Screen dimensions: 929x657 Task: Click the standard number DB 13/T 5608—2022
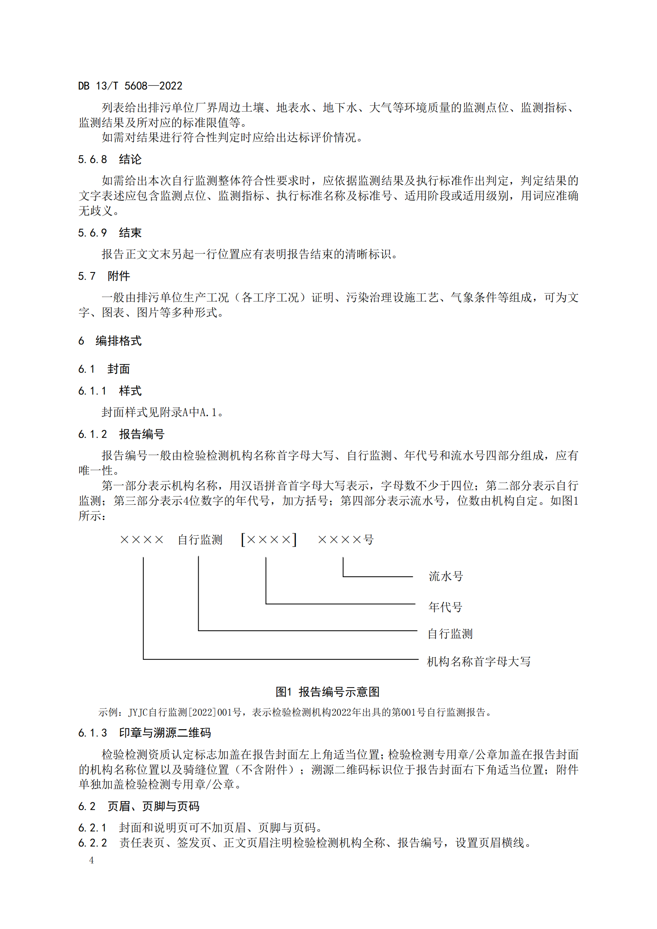[130, 86]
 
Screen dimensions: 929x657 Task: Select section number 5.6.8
[92, 159]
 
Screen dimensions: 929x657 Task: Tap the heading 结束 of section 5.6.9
[130, 233]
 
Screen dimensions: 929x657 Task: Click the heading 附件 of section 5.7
[118, 276]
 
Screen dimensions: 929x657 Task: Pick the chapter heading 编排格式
[118, 341]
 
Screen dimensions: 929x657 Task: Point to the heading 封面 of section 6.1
[118, 369]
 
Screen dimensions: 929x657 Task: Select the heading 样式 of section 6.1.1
[130, 391]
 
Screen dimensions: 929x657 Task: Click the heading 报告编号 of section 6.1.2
[141, 434]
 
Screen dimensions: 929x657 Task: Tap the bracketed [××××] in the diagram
[269, 540]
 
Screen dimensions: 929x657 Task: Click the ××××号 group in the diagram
[346, 540]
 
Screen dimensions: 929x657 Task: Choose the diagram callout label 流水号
[445, 576]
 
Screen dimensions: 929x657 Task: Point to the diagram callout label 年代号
[445, 607]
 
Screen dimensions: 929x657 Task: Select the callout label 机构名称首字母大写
[479, 662]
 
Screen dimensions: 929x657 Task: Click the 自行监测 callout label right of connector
[450, 633]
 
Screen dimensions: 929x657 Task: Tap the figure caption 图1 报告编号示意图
[328, 692]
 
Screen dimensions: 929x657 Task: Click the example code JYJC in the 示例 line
[138, 713]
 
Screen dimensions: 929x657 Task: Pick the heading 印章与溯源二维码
[165, 733]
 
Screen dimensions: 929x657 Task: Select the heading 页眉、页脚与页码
[153, 806]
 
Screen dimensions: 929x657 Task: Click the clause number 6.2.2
[92, 843]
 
